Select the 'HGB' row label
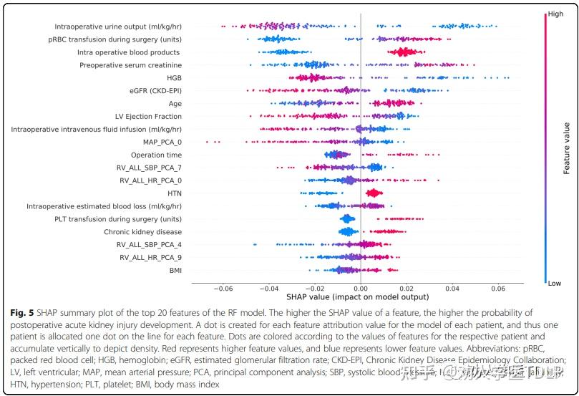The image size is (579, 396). (x=174, y=78)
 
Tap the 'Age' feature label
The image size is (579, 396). (x=174, y=103)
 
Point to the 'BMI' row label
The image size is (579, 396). (x=175, y=270)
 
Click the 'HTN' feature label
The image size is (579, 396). (x=174, y=193)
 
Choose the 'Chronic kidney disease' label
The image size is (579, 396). (x=142, y=232)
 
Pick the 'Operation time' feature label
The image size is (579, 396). (x=156, y=155)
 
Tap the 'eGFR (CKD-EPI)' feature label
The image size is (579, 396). (x=155, y=91)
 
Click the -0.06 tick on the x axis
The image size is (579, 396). (x=224, y=289)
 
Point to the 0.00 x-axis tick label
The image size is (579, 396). (x=361, y=289)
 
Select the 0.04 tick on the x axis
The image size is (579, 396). (x=452, y=289)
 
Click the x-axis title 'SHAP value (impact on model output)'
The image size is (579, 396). (x=357, y=296)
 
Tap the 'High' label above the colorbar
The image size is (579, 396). (x=555, y=14)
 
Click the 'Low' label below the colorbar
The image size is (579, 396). (x=554, y=284)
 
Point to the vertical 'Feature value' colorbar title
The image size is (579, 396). (x=566, y=148)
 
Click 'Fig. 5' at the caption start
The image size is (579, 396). (x=23, y=313)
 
